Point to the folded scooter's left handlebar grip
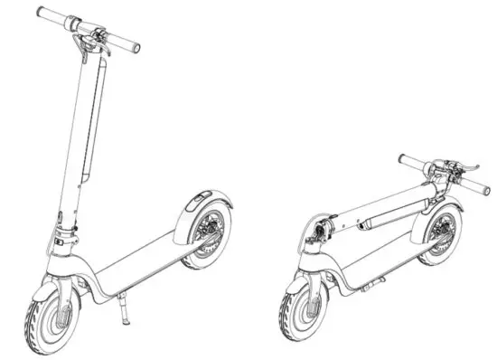coord(412,164)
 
